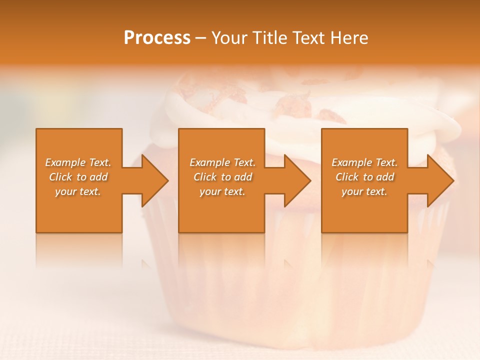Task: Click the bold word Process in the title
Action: [157, 38]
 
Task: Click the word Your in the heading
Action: [230, 38]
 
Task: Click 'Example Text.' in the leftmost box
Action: [78, 162]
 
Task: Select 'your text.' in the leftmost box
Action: [78, 191]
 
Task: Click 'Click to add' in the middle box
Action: [222, 177]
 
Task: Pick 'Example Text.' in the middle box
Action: [222, 162]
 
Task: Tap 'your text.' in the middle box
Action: [222, 191]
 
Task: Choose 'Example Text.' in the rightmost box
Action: [364, 162]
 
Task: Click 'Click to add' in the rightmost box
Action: [364, 177]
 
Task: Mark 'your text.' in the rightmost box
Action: [364, 191]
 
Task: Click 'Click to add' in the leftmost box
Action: [78, 177]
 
